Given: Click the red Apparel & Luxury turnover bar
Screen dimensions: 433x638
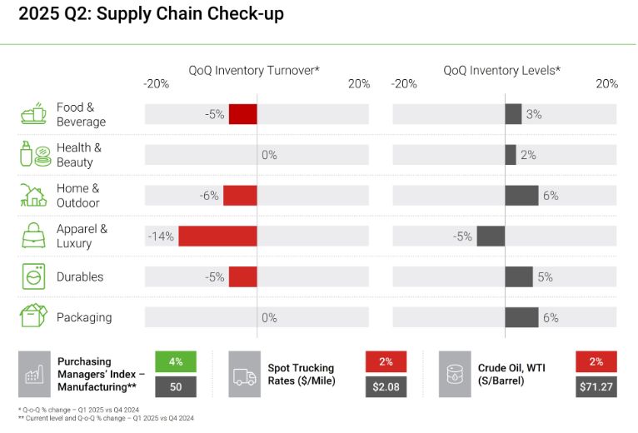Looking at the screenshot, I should (x=217, y=236).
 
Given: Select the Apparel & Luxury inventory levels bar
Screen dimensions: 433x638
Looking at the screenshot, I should (x=491, y=236).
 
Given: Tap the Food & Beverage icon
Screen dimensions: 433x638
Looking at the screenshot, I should (x=33, y=114).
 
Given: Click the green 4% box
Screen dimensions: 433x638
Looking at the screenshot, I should (x=175, y=361).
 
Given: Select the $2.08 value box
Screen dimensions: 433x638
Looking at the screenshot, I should (x=386, y=386).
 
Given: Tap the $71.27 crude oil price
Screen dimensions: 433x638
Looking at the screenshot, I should (x=596, y=386).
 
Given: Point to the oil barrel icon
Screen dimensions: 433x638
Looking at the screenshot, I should (x=456, y=374).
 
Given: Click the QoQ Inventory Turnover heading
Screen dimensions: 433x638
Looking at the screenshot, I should (x=254, y=71).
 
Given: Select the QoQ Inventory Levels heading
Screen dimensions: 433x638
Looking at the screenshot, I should (x=501, y=71).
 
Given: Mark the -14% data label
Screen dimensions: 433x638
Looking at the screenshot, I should (x=161, y=236).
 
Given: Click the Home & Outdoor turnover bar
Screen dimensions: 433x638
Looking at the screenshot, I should (x=240, y=195).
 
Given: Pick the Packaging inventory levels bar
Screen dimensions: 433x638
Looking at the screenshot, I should (x=521, y=317).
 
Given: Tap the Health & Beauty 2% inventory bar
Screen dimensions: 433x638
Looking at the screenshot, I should (x=511, y=155).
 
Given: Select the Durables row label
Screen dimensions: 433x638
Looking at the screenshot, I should (x=80, y=276).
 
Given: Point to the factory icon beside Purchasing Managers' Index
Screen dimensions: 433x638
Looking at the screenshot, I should (x=34, y=374).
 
